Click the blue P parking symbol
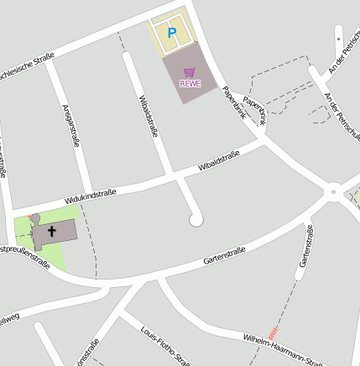pos(172,33)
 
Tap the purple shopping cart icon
pos(190,72)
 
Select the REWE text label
pos(190,83)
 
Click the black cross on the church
pos(52,229)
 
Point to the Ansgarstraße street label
pos(70,126)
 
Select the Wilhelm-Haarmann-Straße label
pos(282,349)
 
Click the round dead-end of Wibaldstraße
pos(196,220)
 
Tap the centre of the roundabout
pos(334,193)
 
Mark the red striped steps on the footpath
pos(272,332)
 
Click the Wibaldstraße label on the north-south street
pos(148,115)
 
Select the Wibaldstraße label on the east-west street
pos(219,160)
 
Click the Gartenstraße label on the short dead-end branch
pos(306,247)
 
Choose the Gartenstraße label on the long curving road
pos(224,257)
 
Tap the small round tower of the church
pos(35,219)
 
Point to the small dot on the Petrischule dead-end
pos(338,39)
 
